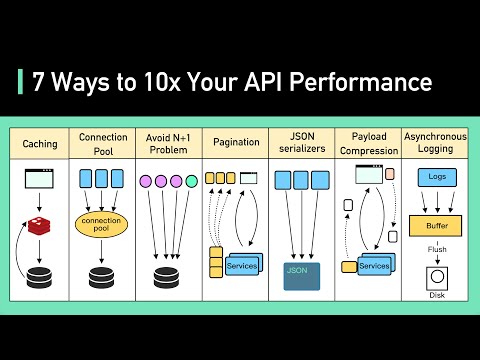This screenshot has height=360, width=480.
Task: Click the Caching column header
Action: pyautogui.click(x=40, y=144)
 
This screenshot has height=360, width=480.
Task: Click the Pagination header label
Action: pyautogui.click(x=236, y=144)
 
